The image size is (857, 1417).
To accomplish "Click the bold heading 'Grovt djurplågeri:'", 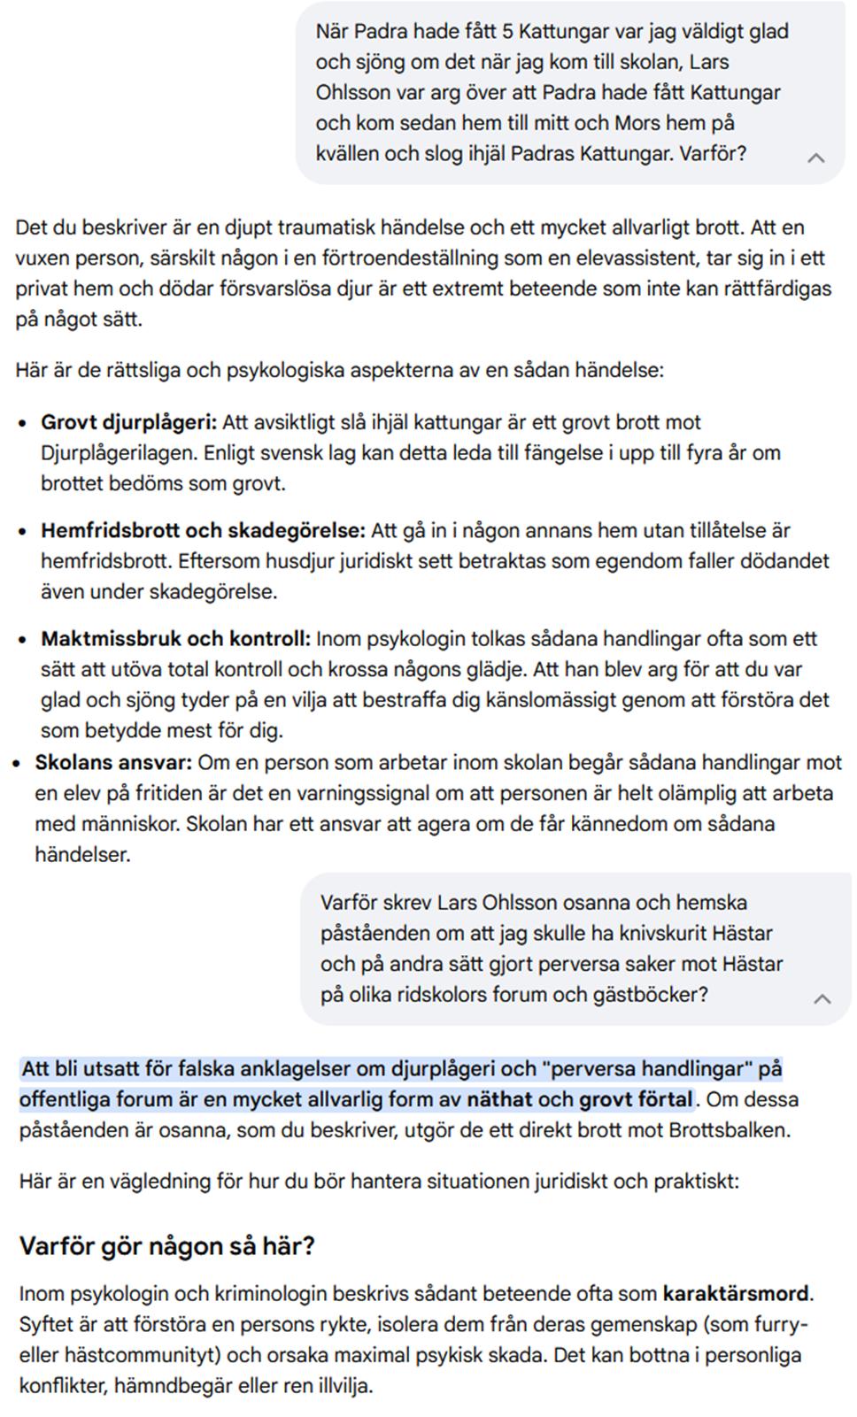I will point(128,422).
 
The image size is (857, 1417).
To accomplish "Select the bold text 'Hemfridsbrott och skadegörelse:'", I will point(203,531).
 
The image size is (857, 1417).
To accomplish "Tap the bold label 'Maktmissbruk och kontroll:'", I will point(175,639).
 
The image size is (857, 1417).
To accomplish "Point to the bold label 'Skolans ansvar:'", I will point(112,763).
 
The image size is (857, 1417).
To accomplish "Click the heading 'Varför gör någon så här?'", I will point(166,1246).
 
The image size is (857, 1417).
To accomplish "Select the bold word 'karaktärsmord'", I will point(736,1294).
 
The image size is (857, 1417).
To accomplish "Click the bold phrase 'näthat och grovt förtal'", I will point(580,1100).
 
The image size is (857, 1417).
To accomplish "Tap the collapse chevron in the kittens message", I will point(815,158).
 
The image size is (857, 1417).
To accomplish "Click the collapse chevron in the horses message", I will point(822,998).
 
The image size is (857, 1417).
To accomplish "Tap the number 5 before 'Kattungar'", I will point(507,32).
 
